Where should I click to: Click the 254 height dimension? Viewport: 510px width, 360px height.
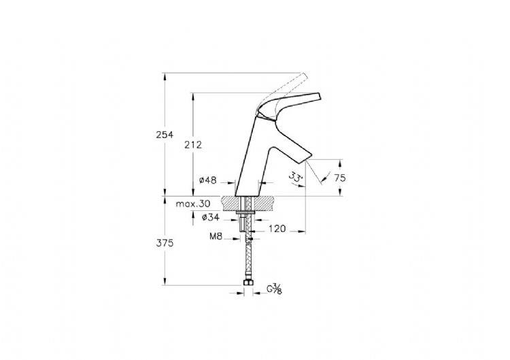165,135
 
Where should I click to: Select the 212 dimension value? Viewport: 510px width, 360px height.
193,144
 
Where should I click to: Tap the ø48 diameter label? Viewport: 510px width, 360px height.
207,180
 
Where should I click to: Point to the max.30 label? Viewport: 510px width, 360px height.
193,204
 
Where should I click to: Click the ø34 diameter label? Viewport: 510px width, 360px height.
210,218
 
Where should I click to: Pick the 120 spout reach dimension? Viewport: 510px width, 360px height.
277,229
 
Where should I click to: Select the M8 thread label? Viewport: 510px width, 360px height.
216,236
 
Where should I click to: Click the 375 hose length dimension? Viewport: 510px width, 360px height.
165,243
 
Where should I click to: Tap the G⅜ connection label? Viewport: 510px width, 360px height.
274,289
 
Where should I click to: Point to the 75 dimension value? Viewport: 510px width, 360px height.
340,178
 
